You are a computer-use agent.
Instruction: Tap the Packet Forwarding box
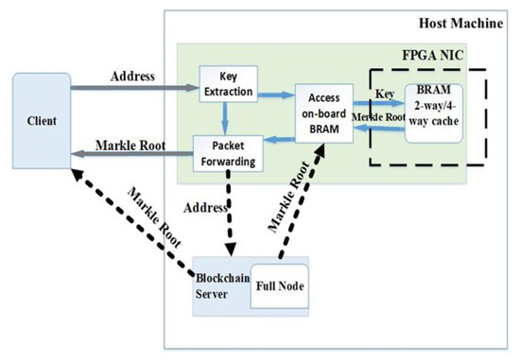tap(227, 154)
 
